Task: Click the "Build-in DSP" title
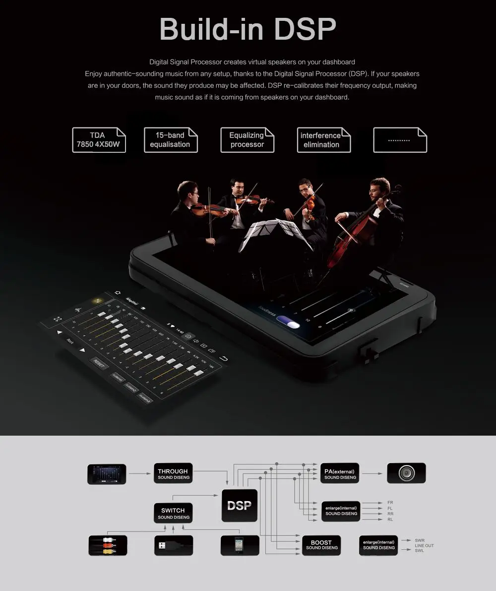(x=248, y=29)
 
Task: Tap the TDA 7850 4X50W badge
(x=99, y=140)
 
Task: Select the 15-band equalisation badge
(x=170, y=140)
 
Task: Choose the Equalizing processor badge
(x=247, y=140)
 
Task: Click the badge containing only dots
(x=399, y=140)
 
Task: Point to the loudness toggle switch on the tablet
(x=289, y=323)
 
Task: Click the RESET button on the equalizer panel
(x=99, y=364)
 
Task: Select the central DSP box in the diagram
(x=240, y=506)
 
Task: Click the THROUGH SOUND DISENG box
(x=173, y=474)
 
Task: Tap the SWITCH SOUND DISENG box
(x=173, y=513)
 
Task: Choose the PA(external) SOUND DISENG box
(x=340, y=474)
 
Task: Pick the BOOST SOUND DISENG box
(x=321, y=545)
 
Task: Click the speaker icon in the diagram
(x=406, y=473)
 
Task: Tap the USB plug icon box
(x=173, y=545)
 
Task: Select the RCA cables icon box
(x=107, y=545)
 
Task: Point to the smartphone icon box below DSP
(x=240, y=545)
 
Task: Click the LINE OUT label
(x=424, y=546)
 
